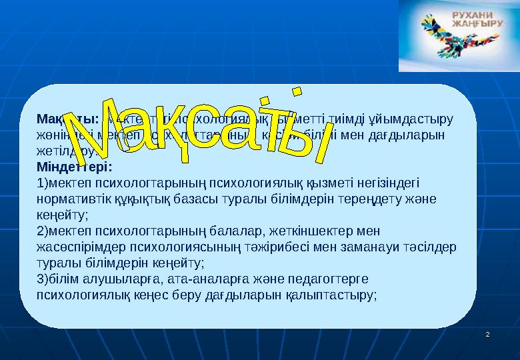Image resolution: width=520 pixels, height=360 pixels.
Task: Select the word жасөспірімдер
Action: [78, 247]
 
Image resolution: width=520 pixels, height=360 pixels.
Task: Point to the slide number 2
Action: [488, 333]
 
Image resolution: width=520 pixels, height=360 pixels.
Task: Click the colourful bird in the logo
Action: [441, 40]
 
